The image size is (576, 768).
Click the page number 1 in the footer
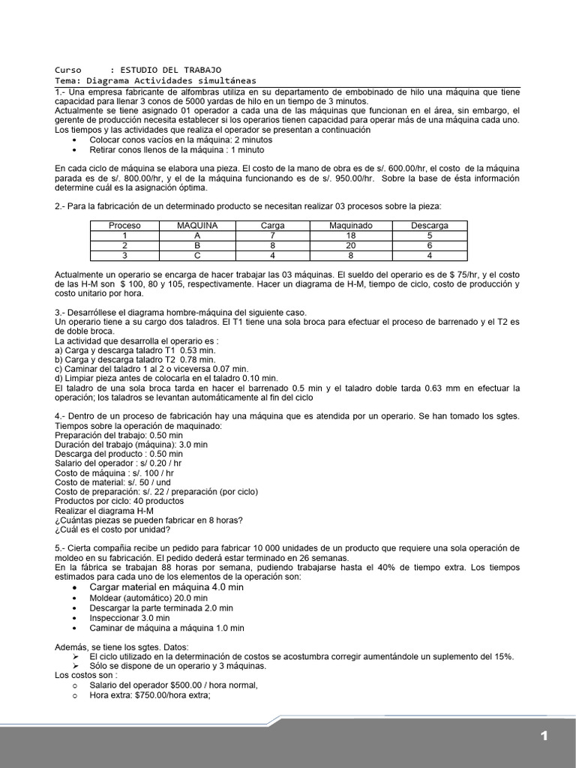pos(544,736)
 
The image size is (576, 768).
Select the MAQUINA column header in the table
pos(197,225)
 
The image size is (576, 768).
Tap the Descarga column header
pos(430,225)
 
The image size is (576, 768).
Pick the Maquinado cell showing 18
pos(351,235)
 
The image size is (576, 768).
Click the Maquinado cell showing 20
pos(351,245)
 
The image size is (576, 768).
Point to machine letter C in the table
pos(197,255)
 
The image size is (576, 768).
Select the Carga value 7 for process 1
pos(273,235)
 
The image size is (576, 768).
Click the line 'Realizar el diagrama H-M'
pos(109,511)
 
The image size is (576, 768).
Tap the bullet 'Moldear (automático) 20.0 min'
pos(148,598)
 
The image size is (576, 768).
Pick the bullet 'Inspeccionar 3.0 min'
pos(130,618)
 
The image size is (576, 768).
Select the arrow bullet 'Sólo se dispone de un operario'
pos(177,666)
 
